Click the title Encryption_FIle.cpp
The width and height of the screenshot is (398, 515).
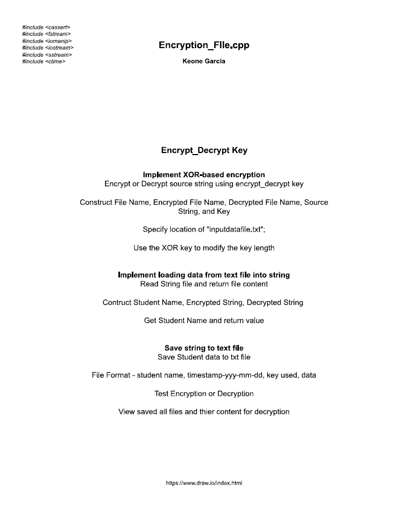(x=204, y=45)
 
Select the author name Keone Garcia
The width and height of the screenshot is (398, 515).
(x=204, y=61)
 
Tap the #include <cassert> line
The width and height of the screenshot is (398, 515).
(x=46, y=27)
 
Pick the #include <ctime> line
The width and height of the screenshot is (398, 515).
(x=44, y=62)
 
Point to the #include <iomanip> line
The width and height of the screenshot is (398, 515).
(x=47, y=41)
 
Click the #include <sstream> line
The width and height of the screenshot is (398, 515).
(x=47, y=55)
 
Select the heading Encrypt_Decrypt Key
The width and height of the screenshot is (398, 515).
(x=204, y=150)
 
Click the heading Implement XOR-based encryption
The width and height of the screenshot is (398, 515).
(x=204, y=175)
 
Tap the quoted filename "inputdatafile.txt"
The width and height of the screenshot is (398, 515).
(x=235, y=229)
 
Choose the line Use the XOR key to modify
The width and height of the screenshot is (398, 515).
(x=204, y=248)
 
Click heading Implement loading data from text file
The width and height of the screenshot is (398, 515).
(x=204, y=275)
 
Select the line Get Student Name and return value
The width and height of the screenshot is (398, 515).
(x=204, y=321)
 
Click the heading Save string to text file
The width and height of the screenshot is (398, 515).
(x=204, y=348)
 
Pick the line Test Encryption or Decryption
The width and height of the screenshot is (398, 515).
(x=204, y=394)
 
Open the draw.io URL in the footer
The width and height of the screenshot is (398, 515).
(x=204, y=483)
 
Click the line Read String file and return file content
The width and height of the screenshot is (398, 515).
(x=204, y=284)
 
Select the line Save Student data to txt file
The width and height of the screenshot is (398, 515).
(x=204, y=357)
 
